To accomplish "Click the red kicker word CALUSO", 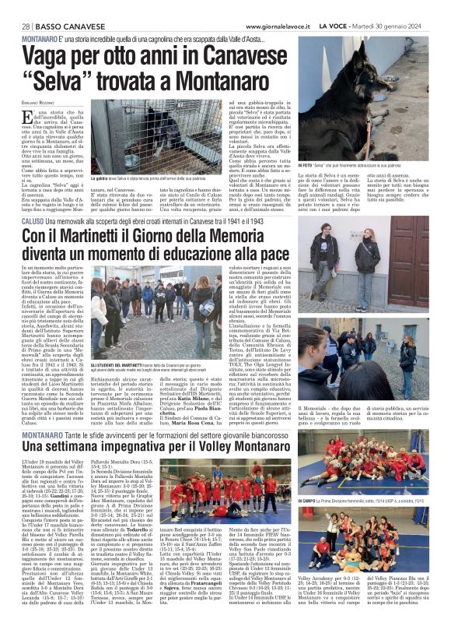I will [35, 200].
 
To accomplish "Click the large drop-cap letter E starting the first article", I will [27, 118].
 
